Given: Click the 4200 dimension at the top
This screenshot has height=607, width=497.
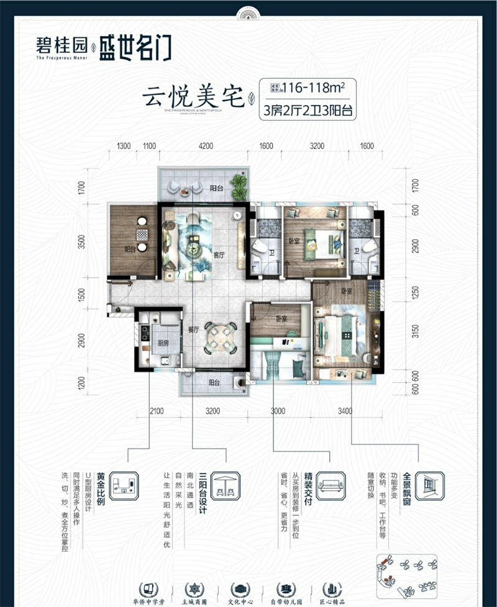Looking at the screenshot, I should pos(206,147).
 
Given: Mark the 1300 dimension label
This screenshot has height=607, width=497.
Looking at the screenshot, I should pos(123,147).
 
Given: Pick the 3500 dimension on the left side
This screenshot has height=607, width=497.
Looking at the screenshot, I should pos(81,241).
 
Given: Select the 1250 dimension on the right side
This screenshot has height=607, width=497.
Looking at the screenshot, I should pos(416,292).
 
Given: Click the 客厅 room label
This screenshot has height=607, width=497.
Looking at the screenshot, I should pos(219,254).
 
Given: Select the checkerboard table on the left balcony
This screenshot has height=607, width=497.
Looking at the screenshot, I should pos(142,234).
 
